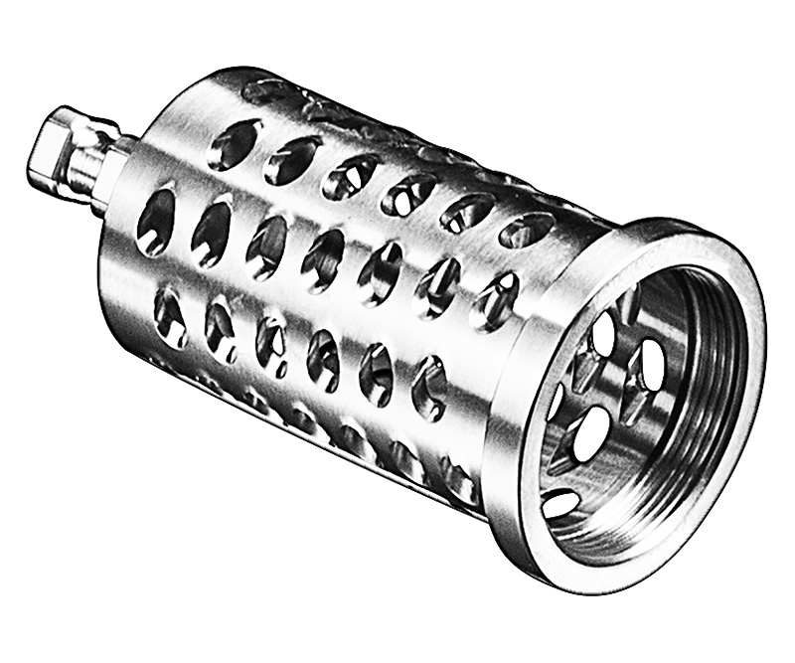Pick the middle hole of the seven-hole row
click(322, 259)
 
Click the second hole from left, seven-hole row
click(211, 234)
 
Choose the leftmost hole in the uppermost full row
click(235, 145)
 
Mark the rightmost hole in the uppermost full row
click(526, 231)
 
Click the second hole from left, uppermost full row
click(292, 159)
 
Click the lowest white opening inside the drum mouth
click(561, 503)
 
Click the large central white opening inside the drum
click(592, 433)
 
